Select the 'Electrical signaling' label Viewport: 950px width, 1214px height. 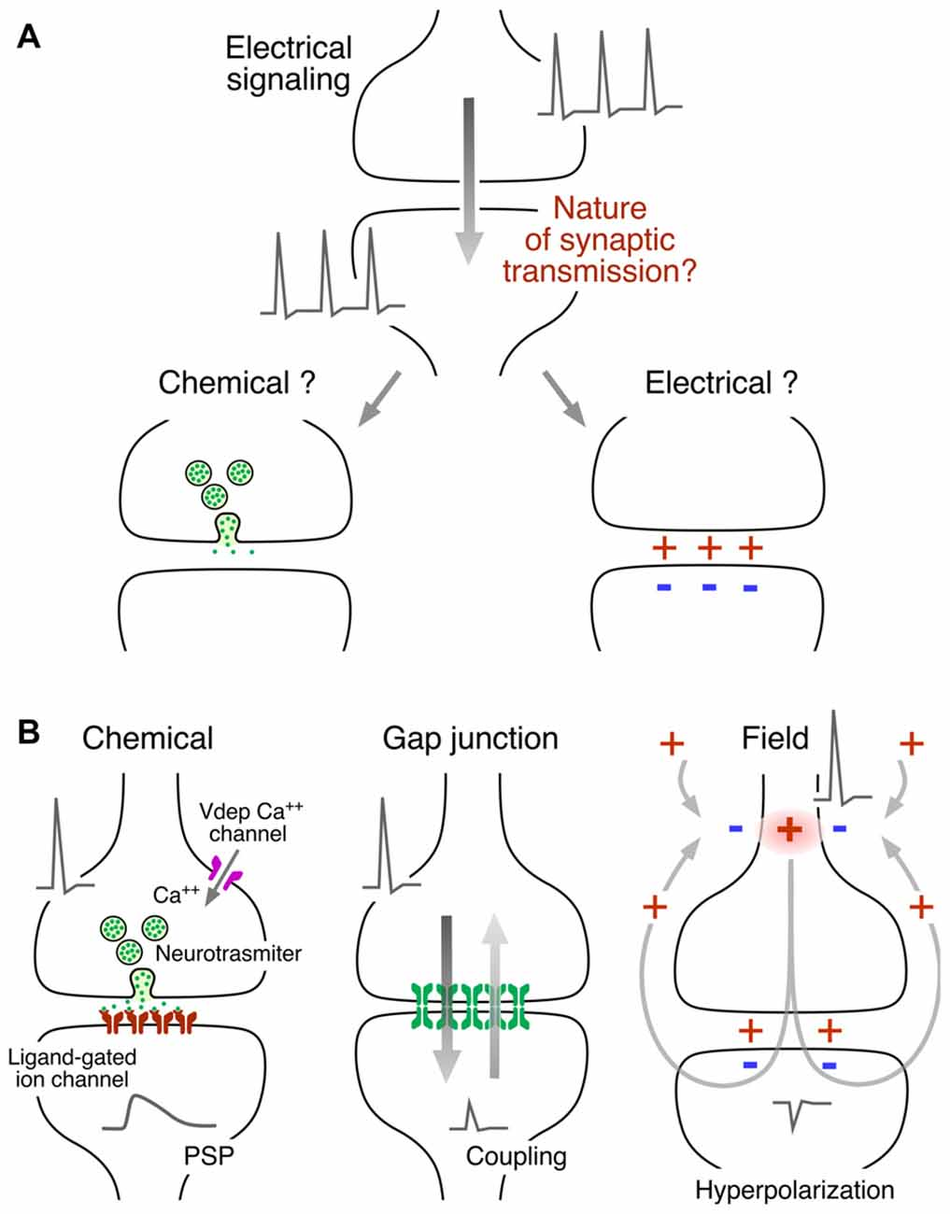[289, 63]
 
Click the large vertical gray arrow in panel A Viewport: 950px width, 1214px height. [469, 177]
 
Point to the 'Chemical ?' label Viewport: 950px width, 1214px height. [236, 383]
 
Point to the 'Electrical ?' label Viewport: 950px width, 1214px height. [721, 383]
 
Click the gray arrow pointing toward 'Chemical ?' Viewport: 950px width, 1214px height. [379, 399]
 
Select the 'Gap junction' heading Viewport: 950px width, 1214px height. [470, 739]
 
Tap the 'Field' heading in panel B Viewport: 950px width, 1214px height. [774, 739]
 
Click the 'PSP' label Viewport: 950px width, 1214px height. [208, 1156]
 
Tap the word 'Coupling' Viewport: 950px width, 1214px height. [516, 1156]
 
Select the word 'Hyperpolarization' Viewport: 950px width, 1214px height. [794, 1190]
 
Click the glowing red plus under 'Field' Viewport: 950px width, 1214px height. [790, 829]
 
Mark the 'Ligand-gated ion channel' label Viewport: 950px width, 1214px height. [71, 1068]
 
